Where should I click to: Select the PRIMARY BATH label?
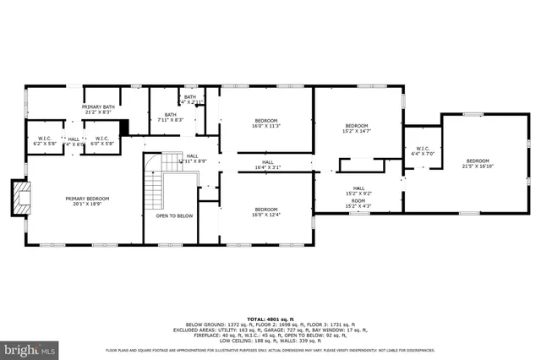coord(98,110)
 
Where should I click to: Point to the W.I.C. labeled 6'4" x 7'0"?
coord(422,151)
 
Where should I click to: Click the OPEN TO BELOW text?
coord(174,215)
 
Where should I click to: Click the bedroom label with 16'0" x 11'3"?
coord(267,123)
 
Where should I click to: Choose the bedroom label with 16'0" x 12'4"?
coord(267,211)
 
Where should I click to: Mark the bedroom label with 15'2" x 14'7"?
coord(356,128)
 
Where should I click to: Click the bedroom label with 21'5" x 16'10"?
coord(478,164)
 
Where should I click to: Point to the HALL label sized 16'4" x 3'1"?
coord(267,165)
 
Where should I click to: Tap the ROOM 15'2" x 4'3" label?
coord(358,204)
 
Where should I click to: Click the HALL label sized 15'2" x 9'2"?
coord(358,191)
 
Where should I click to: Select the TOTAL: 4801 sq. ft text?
coord(270,317)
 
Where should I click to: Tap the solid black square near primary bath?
coord(124,128)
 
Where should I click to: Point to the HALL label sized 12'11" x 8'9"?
coord(193,158)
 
